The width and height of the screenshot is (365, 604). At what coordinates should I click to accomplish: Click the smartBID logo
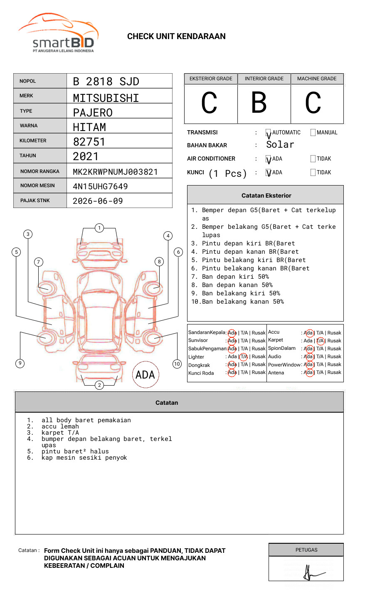tap(58, 33)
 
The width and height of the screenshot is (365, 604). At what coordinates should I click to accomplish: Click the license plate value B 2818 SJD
tap(106, 82)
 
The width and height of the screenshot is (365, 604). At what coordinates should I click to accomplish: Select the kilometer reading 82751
tap(89, 142)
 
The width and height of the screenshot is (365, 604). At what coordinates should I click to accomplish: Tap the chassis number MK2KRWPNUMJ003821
tap(115, 172)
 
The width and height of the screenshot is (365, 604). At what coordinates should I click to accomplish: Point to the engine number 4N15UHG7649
tap(100, 186)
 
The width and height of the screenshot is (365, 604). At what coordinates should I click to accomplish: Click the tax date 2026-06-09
tap(98, 201)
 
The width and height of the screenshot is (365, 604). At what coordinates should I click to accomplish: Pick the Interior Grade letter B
tap(259, 103)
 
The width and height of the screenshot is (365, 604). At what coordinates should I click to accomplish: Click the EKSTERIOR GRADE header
tap(211, 79)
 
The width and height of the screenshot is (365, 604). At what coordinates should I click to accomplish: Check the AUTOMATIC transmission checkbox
tap(269, 133)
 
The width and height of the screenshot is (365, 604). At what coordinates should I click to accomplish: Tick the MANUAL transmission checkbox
tap(313, 133)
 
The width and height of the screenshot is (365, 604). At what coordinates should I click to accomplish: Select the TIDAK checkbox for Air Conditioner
tap(313, 159)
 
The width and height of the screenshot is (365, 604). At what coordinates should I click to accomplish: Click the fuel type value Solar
tap(280, 145)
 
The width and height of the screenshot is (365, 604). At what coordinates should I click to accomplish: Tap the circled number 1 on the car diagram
tap(99, 228)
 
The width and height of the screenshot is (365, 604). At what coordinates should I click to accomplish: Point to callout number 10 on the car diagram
tap(177, 364)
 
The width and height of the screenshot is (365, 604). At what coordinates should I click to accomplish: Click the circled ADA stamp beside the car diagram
tap(146, 375)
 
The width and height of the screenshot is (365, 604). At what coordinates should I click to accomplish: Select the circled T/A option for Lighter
tap(244, 356)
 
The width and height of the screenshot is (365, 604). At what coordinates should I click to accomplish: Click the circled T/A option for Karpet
tap(320, 341)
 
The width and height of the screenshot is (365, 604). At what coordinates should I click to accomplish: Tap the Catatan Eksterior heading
tap(266, 196)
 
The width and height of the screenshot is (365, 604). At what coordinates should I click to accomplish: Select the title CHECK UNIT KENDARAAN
tap(176, 37)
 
